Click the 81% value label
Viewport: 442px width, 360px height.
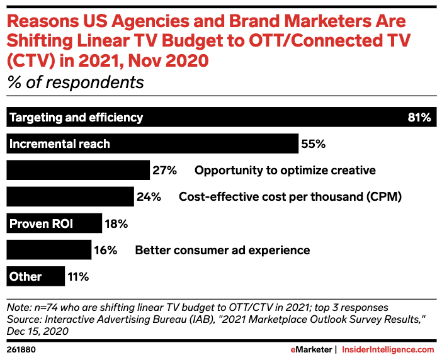(419, 117)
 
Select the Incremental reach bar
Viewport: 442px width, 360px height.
(152, 143)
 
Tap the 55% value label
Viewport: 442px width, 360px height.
(313, 143)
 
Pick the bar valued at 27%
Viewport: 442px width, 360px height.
(77, 170)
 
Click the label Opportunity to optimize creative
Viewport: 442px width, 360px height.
(285, 170)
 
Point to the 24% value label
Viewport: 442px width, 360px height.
(149, 196)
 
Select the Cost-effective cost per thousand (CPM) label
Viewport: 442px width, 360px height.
(290, 196)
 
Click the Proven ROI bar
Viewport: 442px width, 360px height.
(54, 223)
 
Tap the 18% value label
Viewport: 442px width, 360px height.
(116, 223)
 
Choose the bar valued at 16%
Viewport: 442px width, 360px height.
(48, 250)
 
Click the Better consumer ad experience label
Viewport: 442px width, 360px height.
(222, 250)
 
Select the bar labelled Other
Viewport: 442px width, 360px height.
(35, 276)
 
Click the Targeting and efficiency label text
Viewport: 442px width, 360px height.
(76, 117)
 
